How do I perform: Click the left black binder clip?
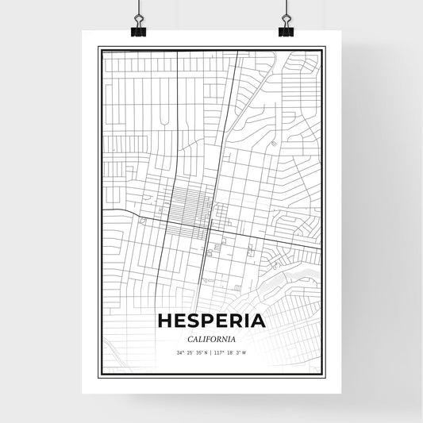click(137, 30)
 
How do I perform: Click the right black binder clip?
click(286, 30)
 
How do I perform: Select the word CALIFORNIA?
click(211, 339)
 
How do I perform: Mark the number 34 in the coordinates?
click(180, 353)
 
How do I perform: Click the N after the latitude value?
click(206, 353)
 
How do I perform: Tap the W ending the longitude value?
click(244, 353)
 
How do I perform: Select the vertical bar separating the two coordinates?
click(211, 353)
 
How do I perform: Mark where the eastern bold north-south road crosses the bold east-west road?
click(208, 229)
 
